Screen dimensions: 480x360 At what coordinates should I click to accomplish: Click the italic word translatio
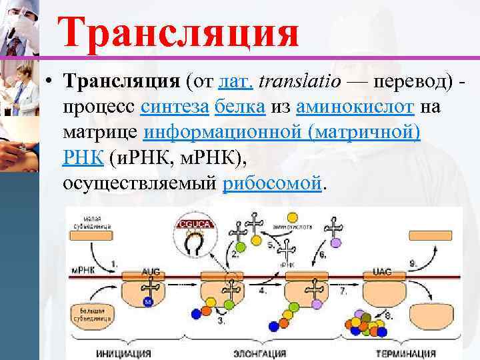[x=299, y=81]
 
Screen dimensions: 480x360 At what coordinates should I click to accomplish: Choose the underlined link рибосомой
[x=271, y=183]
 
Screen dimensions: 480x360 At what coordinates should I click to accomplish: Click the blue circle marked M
[x=149, y=302]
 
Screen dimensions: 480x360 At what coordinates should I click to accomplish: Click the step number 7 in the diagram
[x=343, y=291]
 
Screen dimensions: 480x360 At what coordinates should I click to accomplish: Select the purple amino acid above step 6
[x=338, y=241]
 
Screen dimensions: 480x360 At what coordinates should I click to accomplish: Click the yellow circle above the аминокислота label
[x=292, y=218]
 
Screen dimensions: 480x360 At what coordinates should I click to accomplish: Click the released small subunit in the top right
[x=430, y=235]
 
